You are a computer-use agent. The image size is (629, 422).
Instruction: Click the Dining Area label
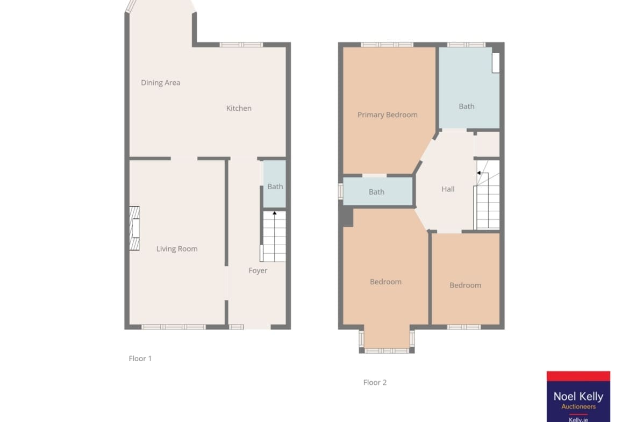(x=160, y=83)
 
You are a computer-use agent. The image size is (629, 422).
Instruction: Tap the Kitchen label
(x=239, y=108)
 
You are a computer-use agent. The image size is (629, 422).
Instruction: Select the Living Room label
(x=177, y=249)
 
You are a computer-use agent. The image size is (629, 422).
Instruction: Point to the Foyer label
(x=258, y=270)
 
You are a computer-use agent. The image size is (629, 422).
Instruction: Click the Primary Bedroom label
(x=388, y=115)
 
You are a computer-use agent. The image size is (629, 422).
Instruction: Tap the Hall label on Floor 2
(x=448, y=189)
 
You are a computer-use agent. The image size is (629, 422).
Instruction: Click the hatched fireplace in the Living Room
(x=134, y=228)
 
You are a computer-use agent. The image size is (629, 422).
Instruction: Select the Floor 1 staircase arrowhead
(x=274, y=213)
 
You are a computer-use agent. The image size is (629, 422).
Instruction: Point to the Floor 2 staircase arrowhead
(x=478, y=173)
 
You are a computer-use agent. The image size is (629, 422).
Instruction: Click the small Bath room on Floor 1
(x=275, y=184)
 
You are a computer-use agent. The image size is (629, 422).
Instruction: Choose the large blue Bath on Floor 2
(x=469, y=88)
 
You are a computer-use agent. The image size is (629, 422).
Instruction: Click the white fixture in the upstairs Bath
(x=496, y=62)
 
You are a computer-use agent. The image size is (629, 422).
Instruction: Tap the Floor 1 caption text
(x=140, y=359)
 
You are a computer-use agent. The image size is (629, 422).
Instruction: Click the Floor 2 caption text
(x=375, y=383)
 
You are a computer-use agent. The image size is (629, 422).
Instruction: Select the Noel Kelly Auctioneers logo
(x=578, y=396)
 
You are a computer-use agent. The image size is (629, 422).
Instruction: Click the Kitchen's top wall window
(x=241, y=45)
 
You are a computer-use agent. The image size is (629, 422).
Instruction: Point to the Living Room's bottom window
(x=174, y=327)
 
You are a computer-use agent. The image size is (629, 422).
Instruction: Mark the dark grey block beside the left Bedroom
(x=347, y=217)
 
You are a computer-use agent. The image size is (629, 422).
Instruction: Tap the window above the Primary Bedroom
(x=387, y=45)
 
